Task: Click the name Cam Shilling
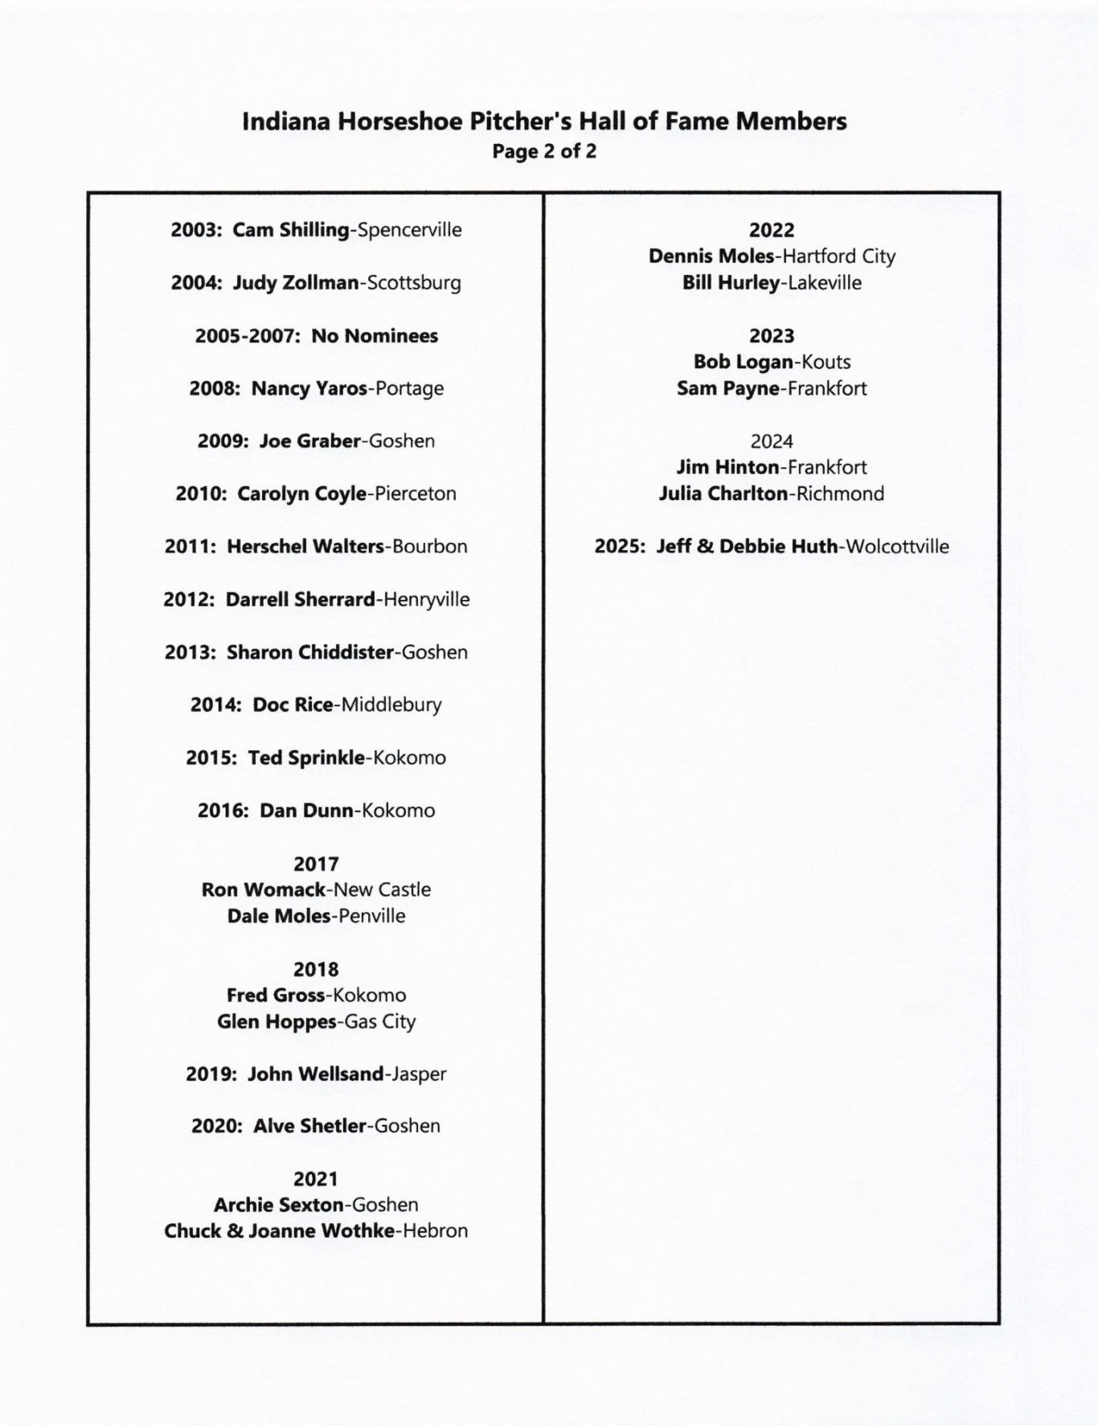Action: tap(290, 230)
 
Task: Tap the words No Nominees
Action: tap(375, 335)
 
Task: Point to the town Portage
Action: tap(409, 388)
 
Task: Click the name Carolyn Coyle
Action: tap(301, 494)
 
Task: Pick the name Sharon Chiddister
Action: tap(309, 652)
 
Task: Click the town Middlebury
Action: tap(391, 705)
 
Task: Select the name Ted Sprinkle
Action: tap(305, 758)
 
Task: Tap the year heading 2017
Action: tap(316, 864)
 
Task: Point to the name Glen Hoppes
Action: tap(277, 1021)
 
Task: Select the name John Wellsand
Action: tap(315, 1074)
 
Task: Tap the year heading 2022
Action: tap(772, 230)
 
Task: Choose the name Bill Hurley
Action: tap(731, 283)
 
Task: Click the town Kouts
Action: tap(826, 362)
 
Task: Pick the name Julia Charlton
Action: tap(723, 494)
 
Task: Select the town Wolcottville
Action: tap(897, 547)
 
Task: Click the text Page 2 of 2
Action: tap(544, 151)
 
